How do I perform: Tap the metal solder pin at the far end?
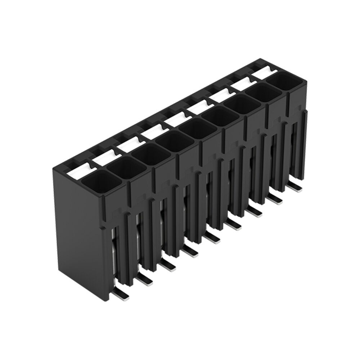coord(296,188)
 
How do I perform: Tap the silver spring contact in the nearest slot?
coord(114,252)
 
